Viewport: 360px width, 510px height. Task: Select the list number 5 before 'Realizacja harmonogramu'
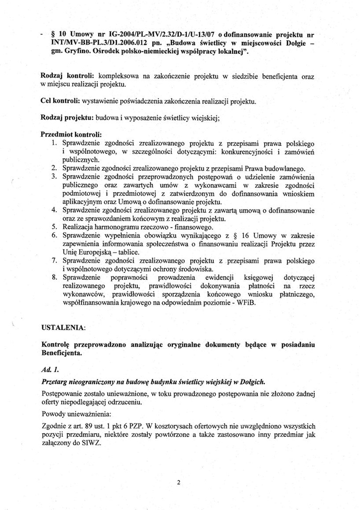coord(54,227)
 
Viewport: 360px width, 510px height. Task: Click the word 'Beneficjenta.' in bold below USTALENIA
coord(62,353)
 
